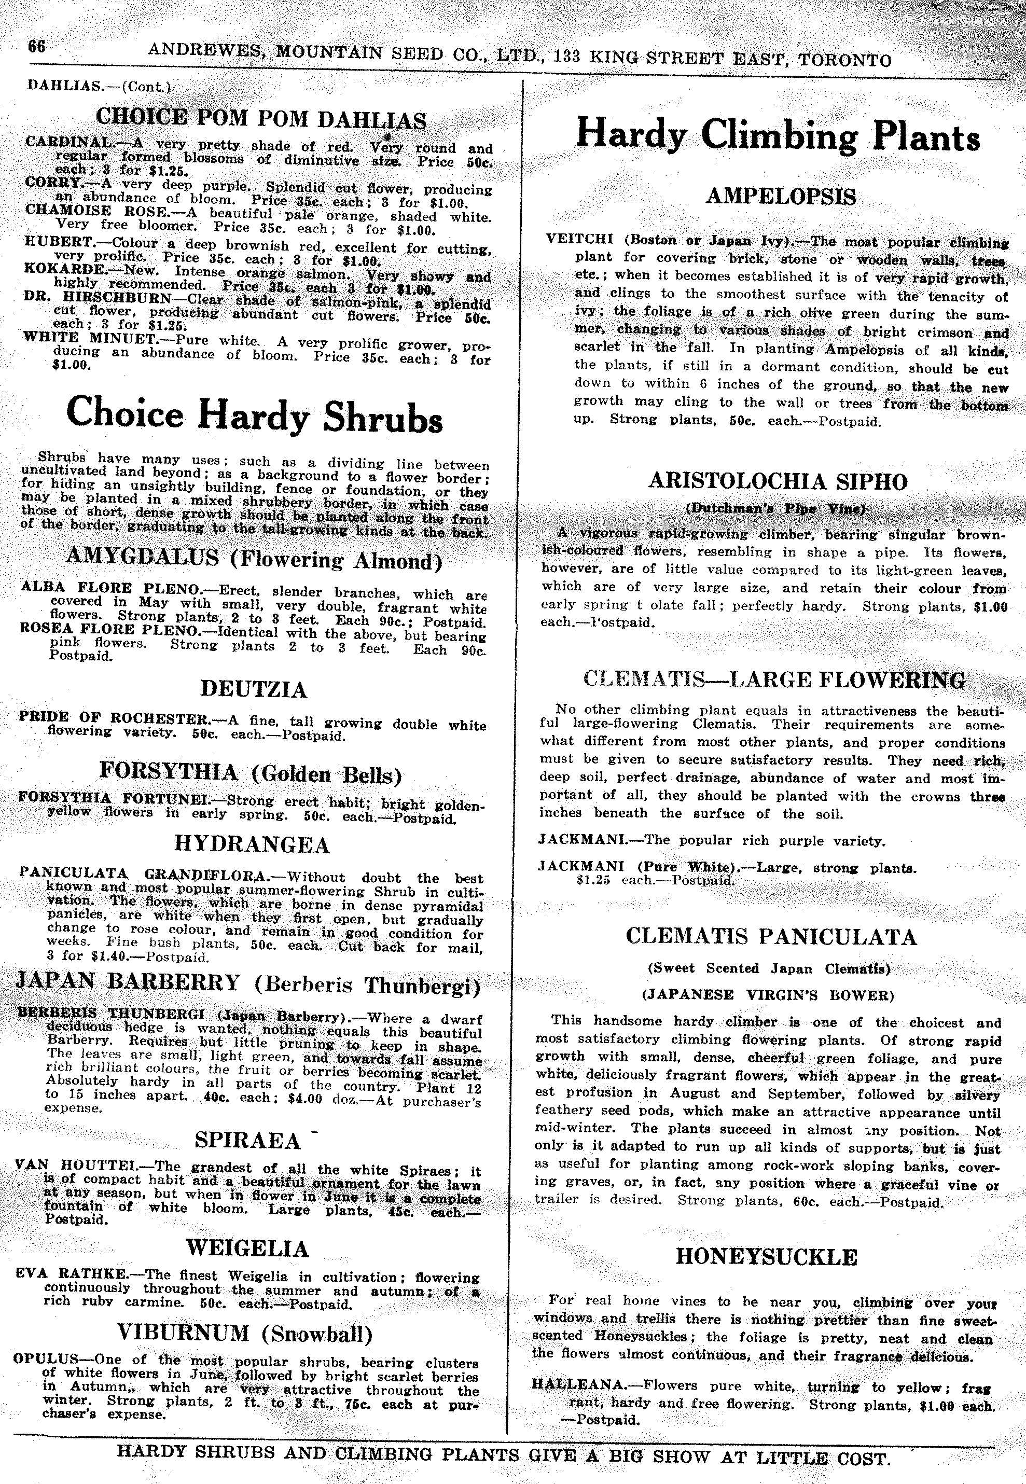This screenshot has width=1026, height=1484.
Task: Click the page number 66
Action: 37,47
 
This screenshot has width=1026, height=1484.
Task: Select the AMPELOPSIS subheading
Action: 781,196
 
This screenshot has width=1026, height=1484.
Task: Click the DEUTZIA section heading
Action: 254,690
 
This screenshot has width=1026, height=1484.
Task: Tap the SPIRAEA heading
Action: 247,1140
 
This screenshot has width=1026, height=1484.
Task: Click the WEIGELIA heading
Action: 247,1248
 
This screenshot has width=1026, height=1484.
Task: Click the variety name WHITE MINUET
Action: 89,338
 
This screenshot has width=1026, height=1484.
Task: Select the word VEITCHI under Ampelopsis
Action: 579,239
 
